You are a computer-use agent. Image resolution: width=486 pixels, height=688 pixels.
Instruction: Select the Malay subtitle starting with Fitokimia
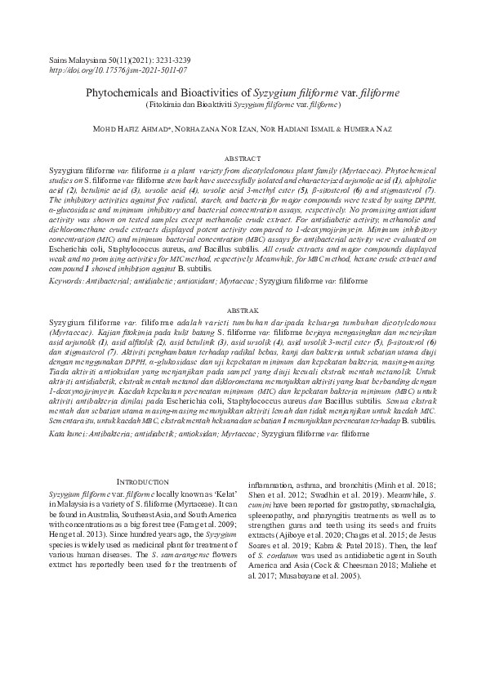tap(243, 105)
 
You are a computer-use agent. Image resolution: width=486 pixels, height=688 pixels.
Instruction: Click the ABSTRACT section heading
tap(243, 158)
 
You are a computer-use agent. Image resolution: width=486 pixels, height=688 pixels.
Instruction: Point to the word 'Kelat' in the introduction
tap(220, 494)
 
